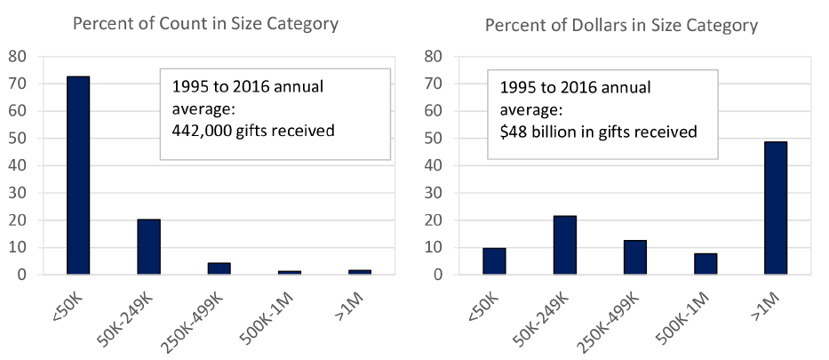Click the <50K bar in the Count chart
78,175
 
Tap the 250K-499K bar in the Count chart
219,268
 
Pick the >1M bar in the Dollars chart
776,208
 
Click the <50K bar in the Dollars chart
494,261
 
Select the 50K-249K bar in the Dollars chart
565,245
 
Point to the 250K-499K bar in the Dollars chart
635,258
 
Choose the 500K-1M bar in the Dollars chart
705,264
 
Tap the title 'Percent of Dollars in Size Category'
621,25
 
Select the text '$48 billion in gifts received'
597,132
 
